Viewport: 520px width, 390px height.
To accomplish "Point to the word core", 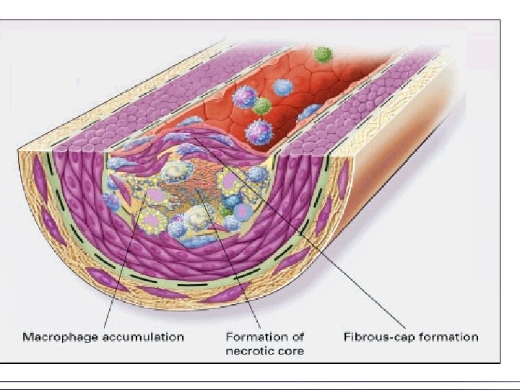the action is click(x=289, y=352).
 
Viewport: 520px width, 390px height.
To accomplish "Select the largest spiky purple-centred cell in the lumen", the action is click(x=259, y=132).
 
